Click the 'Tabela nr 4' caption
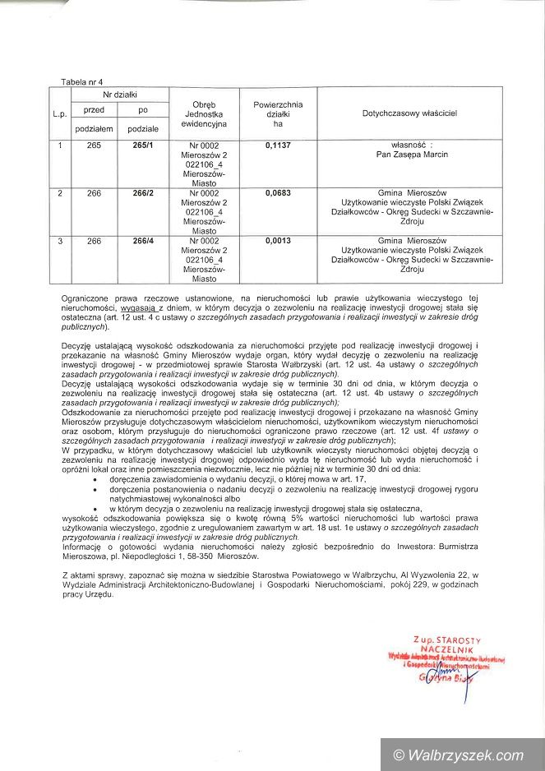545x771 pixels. coord(82,83)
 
